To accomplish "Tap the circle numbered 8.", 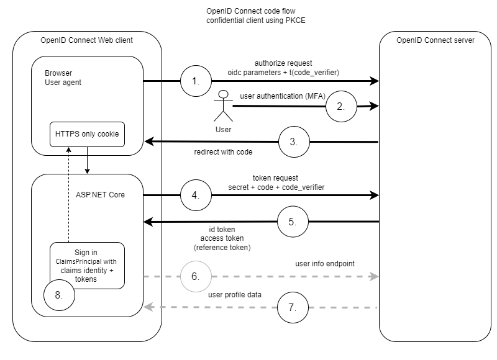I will tap(59, 295).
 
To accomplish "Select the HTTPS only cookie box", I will tap(87, 134).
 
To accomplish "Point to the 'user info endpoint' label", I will tap(325, 263).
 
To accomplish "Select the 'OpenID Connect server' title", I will tap(435, 40).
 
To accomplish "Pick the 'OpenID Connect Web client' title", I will tap(86, 40).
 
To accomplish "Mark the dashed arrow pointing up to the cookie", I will tap(70, 196).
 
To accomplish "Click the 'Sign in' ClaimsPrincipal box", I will tap(87, 264).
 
